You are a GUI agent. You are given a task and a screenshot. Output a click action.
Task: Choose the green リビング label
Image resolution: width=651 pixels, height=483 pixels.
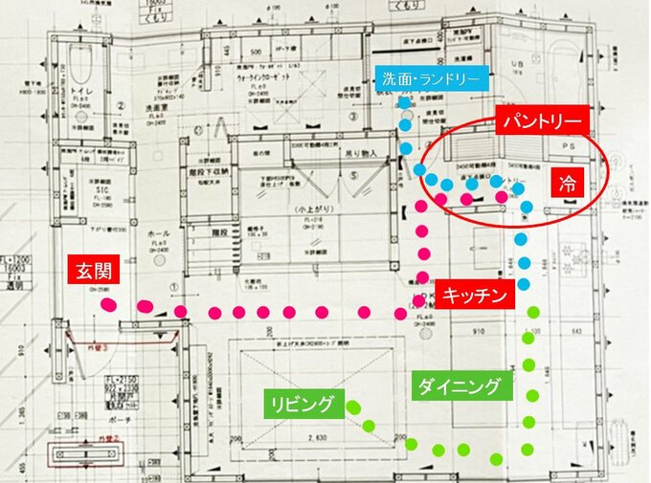[x=300, y=405]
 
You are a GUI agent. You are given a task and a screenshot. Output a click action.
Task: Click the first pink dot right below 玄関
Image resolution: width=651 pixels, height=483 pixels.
[x=109, y=304]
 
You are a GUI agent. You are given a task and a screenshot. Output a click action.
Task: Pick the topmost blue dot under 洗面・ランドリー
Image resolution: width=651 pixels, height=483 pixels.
[x=405, y=102]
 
